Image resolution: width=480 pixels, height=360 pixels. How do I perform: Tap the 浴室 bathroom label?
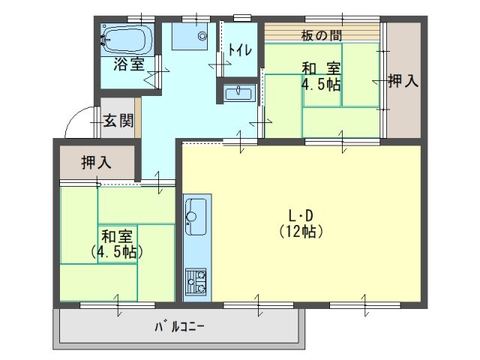(x=129, y=64)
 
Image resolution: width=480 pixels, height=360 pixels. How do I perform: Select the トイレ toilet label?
(x=240, y=50)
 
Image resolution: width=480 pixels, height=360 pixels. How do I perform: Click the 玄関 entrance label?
(x=118, y=120)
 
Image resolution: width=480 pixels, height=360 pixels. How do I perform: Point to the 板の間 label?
(x=322, y=36)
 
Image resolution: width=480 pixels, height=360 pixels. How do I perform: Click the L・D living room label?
(x=301, y=217)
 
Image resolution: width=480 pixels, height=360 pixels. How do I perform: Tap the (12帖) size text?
(x=301, y=232)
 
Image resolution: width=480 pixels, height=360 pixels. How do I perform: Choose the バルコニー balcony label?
(x=179, y=327)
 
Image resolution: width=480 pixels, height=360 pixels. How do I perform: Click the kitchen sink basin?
(x=196, y=217)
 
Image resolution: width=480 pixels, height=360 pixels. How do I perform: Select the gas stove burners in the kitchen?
(x=196, y=282)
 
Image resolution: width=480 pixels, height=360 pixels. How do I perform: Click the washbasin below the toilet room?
(x=238, y=93)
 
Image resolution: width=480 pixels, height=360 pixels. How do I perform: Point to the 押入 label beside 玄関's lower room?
(x=96, y=162)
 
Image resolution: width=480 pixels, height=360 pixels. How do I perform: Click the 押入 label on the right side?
(x=403, y=81)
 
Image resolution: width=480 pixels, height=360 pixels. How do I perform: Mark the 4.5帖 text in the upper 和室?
(x=321, y=84)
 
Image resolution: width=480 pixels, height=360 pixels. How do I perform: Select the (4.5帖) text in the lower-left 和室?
(x=117, y=253)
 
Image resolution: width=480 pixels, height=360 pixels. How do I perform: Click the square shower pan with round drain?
(x=190, y=36)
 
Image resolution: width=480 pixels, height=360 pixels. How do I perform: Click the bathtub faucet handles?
(x=103, y=40)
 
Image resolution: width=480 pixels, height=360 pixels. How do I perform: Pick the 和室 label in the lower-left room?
(x=117, y=237)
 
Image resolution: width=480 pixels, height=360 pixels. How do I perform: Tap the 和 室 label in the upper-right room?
(x=321, y=68)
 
